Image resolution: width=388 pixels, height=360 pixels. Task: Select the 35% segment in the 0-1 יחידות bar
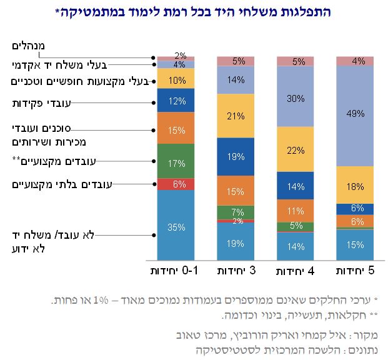pyautogui.click(x=176, y=226)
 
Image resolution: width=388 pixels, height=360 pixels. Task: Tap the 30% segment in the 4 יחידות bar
pyautogui.click(x=295, y=98)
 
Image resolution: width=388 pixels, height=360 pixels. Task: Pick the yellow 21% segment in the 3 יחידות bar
pyautogui.click(x=236, y=116)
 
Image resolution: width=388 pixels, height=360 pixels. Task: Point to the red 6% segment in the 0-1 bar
pyautogui.click(x=176, y=184)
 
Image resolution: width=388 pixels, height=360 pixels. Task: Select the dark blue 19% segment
pyautogui.click(x=236, y=157)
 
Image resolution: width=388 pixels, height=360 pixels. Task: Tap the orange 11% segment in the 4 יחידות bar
pyautogui.click(x=295, y=211)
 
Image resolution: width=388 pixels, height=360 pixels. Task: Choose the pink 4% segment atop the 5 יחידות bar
pyautogui.click(x=355, y=61)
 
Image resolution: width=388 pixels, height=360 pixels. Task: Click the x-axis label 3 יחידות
pyautogui.click(x=236, y=272)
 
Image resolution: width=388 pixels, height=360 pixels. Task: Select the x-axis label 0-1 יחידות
pyautogui.click(x=176, y=272)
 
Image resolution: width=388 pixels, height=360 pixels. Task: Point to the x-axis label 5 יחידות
pyautogui.click(x=355, y=272)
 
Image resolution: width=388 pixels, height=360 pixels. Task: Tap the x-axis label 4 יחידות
pyautogui.click(x=295, y=272)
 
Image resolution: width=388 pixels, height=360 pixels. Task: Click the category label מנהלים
pyautogui.click(x=37, y=47)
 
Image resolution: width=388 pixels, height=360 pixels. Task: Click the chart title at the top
pyautogui.click(x=194, y=11)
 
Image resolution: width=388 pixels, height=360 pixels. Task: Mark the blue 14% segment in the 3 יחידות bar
pyautogui.click(x=236, y=80)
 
